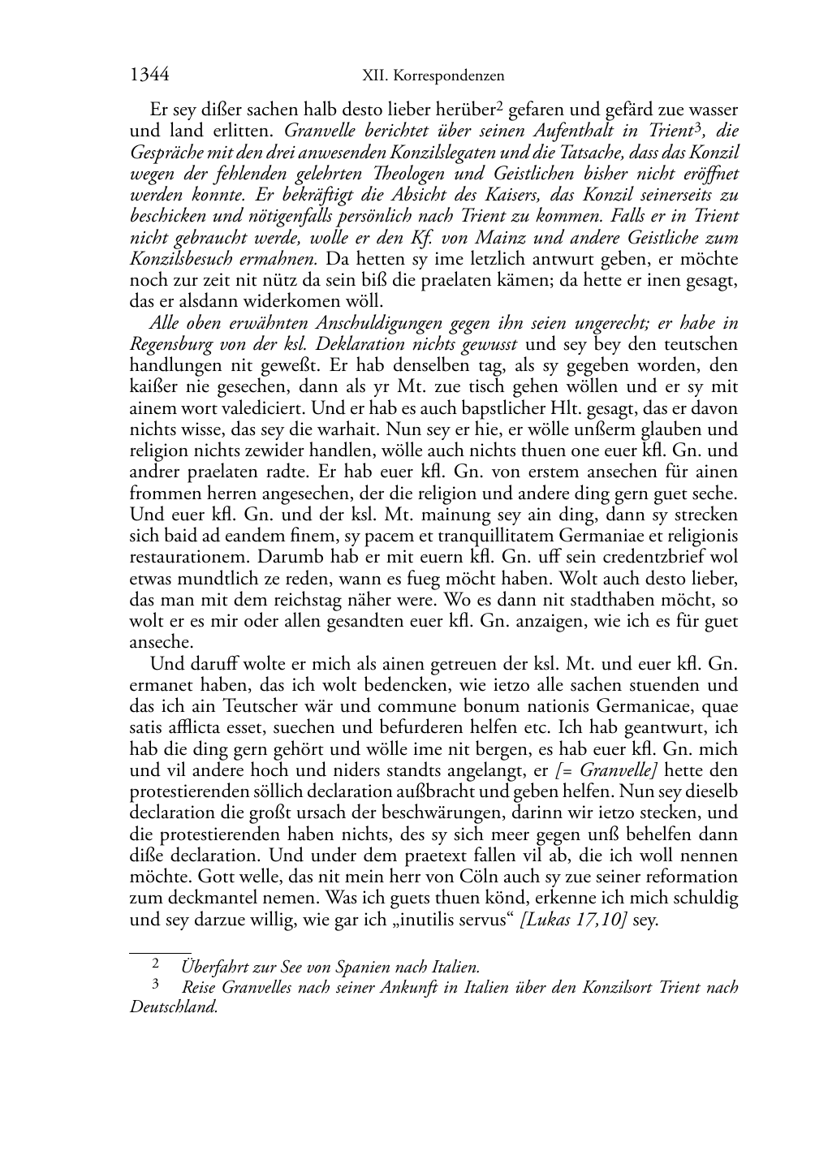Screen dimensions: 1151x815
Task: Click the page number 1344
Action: point(149,75)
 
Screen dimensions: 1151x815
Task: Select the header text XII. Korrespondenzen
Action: point(433,75)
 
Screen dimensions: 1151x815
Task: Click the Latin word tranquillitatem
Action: point(524,536)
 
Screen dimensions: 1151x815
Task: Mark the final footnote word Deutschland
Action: point(173,1007)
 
